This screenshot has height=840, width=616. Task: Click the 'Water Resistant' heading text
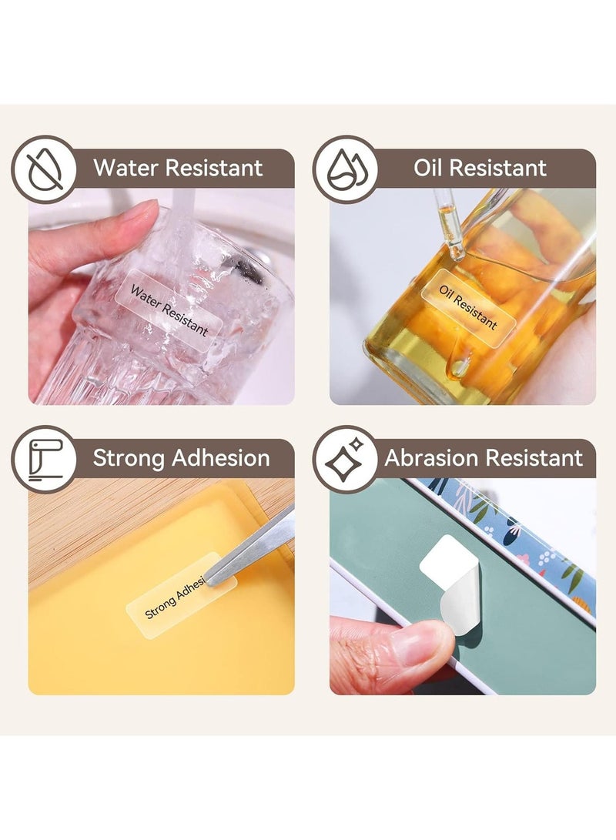click(x=178, y=168)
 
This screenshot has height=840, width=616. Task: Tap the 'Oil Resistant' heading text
click(x=480, y=168)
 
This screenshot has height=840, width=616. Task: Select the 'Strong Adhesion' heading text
click(x=181, y=458)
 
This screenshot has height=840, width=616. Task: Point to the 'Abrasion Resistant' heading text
click(x=483, y=458)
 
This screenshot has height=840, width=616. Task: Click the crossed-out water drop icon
click(x=44, y=169)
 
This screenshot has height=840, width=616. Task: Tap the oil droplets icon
click(x=346, y=169)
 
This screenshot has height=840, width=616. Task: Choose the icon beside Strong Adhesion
click(x=45, y=460)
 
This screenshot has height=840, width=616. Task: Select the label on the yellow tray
click(x=181, y=594)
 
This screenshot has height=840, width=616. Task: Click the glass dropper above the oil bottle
click(x=448, y=225)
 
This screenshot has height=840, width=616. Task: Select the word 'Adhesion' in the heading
click(x=221, y=458)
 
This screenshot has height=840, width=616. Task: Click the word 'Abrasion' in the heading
click(x=431, y=458)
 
